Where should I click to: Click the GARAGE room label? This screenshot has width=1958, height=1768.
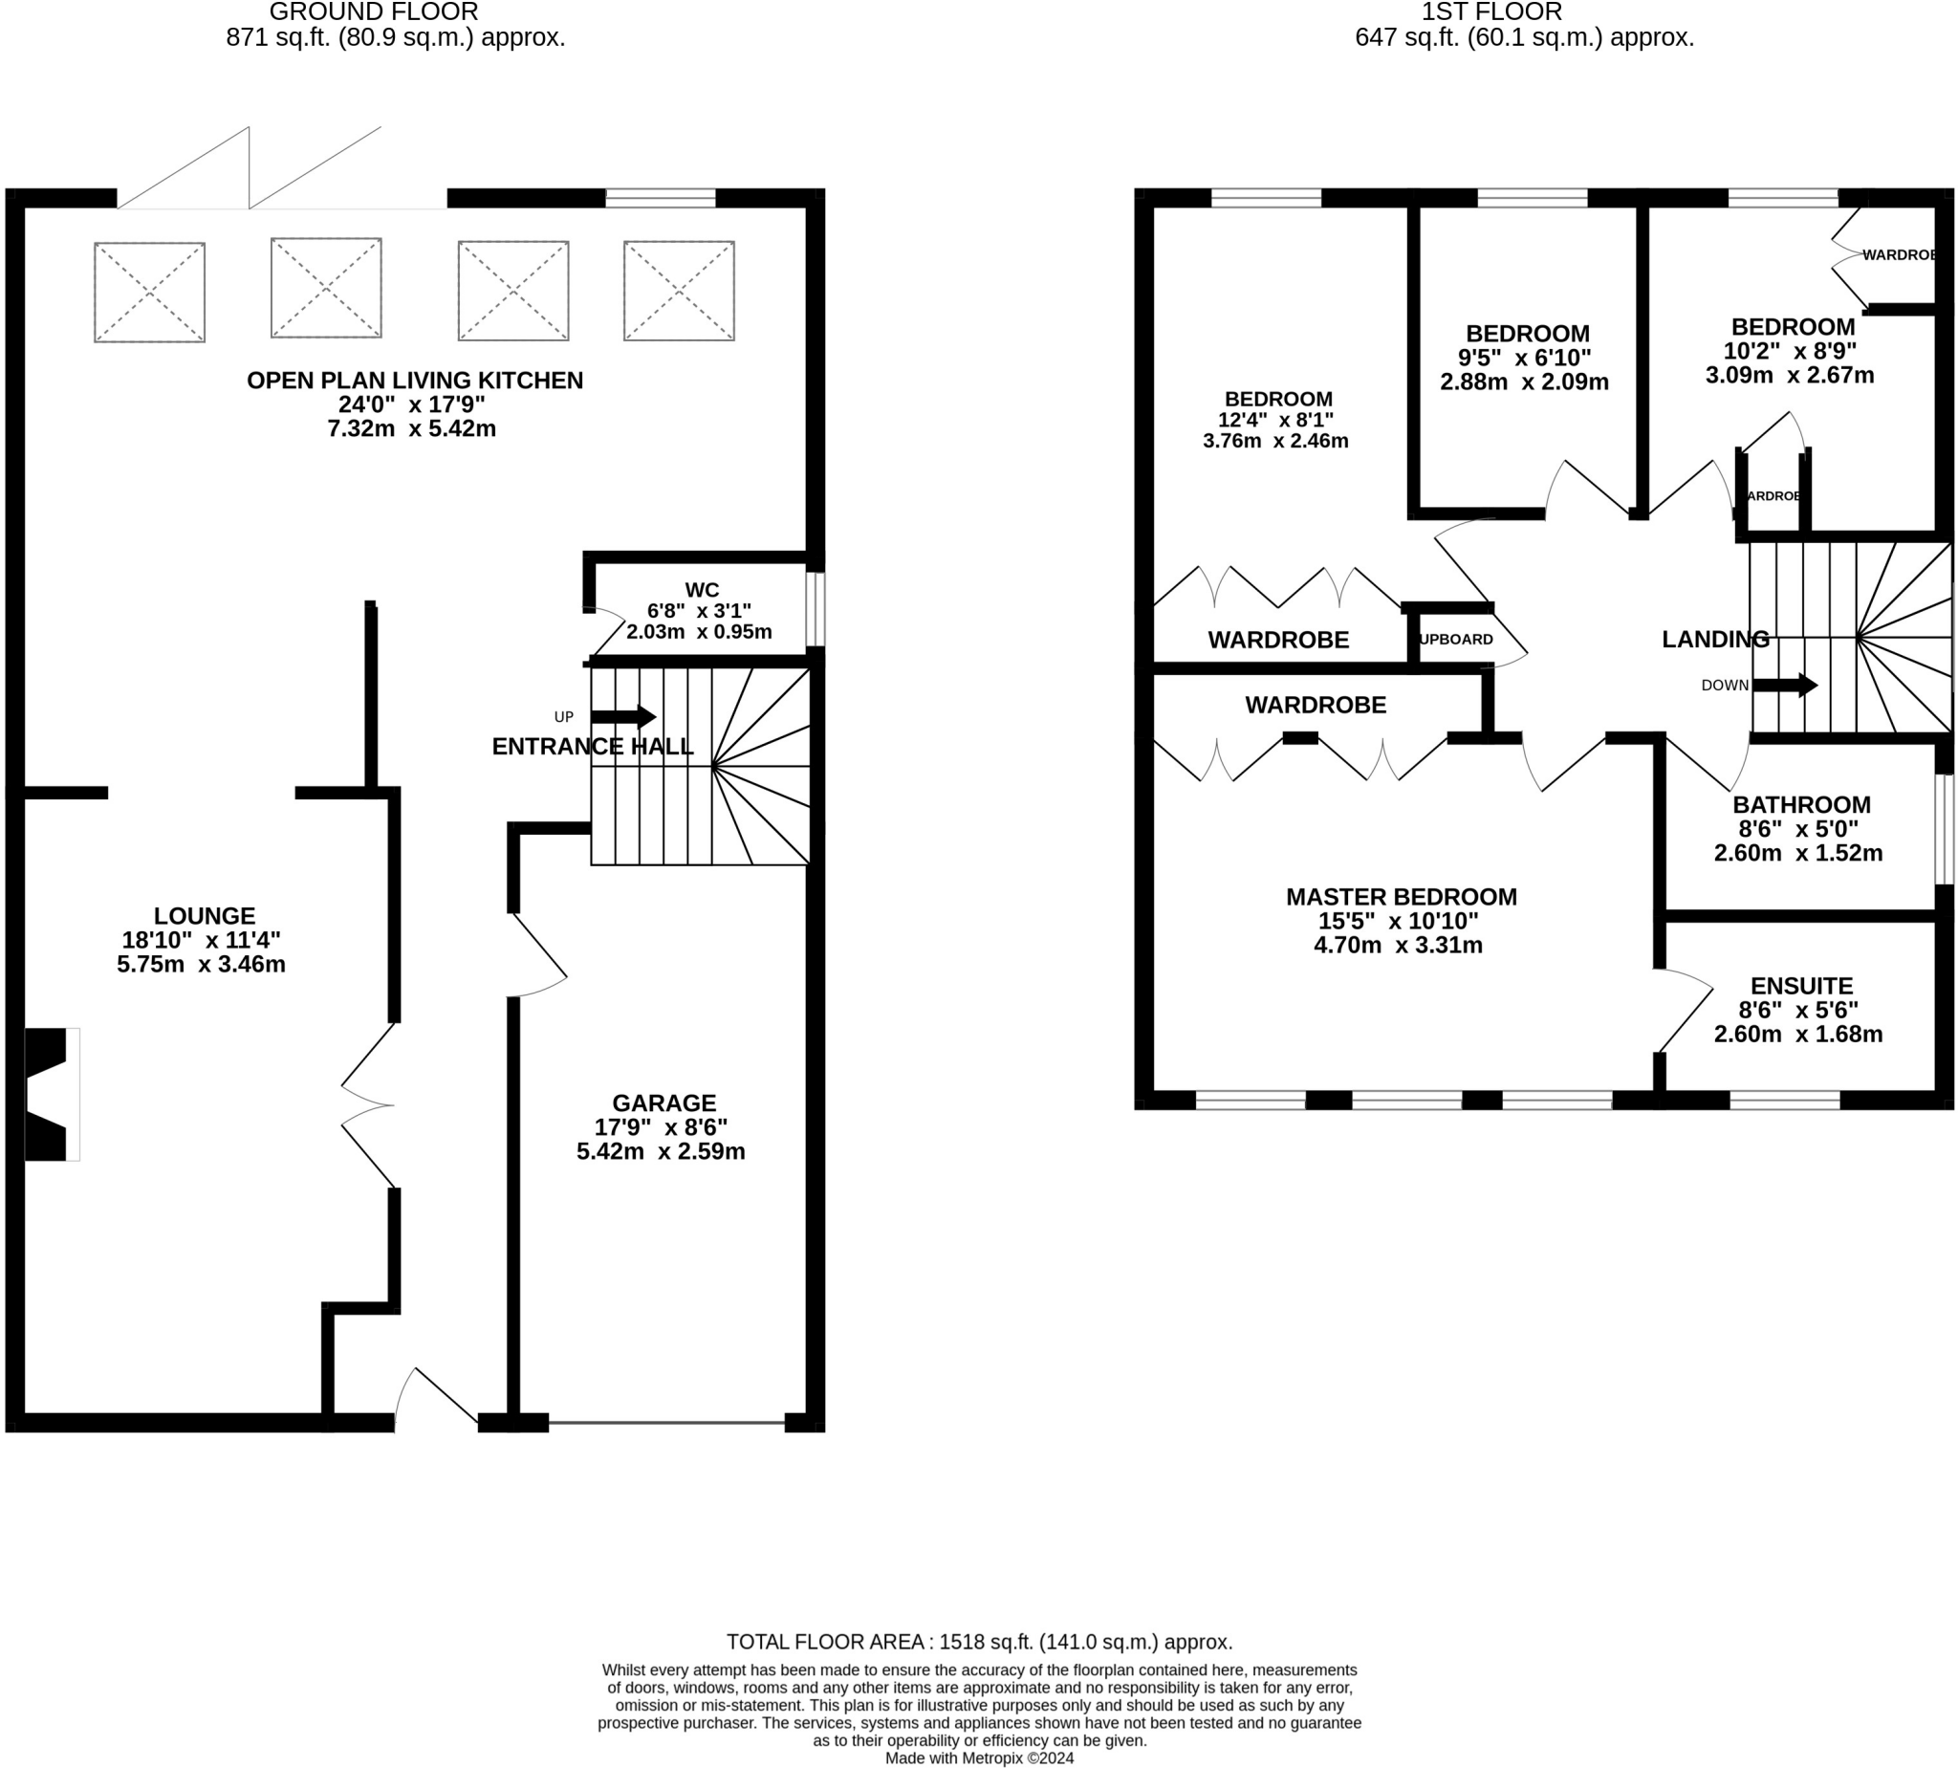[664, 1102]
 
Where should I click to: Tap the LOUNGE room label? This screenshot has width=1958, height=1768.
[204, 915]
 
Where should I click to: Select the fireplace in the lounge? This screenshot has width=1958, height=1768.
[51, 1094]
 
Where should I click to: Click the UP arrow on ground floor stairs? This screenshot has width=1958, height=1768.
[622, 717]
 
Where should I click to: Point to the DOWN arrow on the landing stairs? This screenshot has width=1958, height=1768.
[1784, 685]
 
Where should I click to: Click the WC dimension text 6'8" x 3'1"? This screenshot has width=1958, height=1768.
[699, 611]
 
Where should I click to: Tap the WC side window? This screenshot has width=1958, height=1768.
[816, 609]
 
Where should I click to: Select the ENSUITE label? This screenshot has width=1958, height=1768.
[1801, 986]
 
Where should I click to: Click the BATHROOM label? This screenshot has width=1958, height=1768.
[1801, 804]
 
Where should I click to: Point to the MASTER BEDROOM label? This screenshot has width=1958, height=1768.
[1402, 897]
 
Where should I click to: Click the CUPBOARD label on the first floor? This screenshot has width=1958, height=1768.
[1456, 639]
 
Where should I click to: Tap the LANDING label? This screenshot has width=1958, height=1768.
[1715, 639]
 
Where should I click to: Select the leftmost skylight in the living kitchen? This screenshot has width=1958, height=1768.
[149, 293]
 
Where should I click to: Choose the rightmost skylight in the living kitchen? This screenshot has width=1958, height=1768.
[679, 291]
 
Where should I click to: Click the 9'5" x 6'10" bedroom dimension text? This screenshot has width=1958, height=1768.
[1524, 358]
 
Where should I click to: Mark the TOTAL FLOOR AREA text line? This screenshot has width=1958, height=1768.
[979, 1642]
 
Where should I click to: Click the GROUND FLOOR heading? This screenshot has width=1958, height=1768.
[374, 11]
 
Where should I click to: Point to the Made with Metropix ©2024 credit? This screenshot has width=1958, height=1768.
[979, 1757]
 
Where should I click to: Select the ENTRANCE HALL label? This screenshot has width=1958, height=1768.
[593, 746]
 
